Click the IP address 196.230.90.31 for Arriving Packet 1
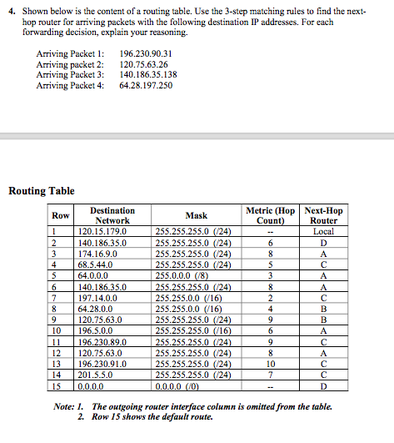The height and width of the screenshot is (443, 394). tap(146, 53)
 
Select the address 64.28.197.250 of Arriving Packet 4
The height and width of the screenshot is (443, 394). tap(146, 86)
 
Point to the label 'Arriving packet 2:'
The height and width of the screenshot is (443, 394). tap(71, 64)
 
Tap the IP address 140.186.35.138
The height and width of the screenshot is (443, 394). tap(148, 75)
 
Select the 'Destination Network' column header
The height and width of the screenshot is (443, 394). tap(112, 215)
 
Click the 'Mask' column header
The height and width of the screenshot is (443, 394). tap(196, 215)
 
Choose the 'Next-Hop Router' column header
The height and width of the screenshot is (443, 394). tap(324, 215)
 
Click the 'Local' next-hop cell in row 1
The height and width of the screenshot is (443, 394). tap(324, 231)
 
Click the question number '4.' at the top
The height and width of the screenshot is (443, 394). tap(12, 9)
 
